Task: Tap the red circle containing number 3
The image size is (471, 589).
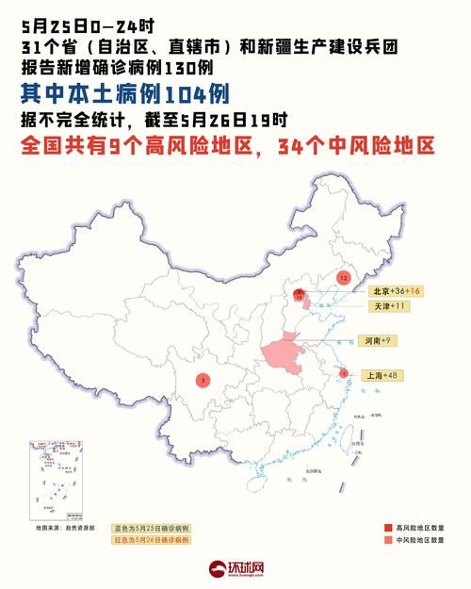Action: [203, 380]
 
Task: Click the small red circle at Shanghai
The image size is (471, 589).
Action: [344, 373]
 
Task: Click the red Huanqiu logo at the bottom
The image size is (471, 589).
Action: [235, 569]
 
